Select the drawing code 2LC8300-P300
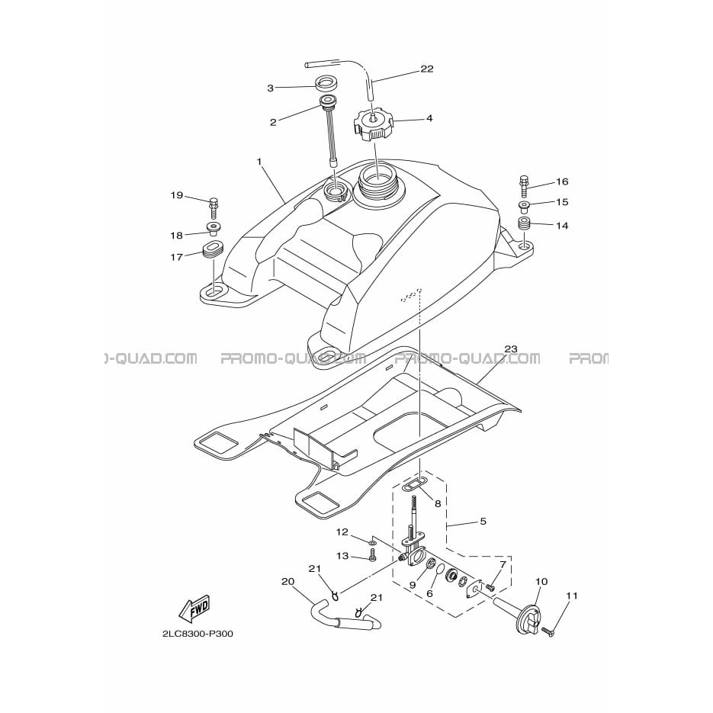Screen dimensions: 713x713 198,634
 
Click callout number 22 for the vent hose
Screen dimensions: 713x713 426,69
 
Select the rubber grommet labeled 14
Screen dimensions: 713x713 525,224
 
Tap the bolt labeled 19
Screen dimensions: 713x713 214,208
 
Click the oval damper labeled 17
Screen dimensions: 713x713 213,251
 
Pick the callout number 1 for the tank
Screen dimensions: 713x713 259,162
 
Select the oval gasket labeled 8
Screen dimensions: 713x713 414,486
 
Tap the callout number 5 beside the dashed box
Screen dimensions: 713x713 483,521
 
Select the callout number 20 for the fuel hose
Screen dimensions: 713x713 287,582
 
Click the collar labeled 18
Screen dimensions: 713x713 213,227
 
